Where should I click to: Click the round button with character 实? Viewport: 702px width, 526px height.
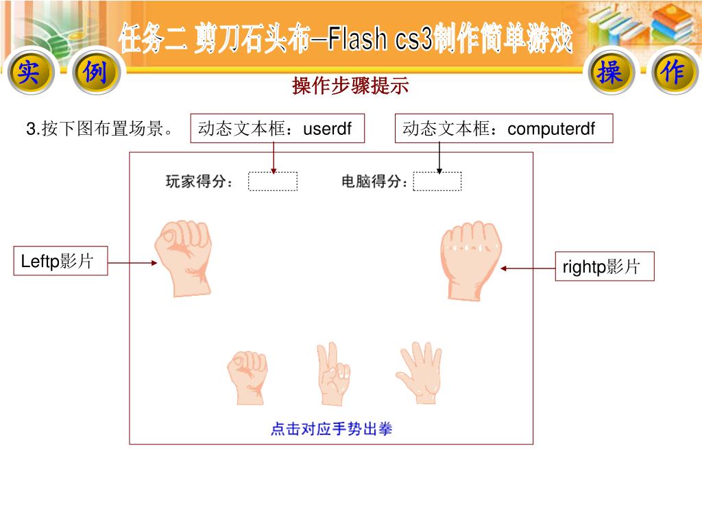pyautogui.click(x=28, y=73)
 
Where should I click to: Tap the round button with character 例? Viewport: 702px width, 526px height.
pyautogui.click(x=95, y=73)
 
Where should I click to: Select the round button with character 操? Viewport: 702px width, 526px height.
pyautogui.click(x=609, y=73)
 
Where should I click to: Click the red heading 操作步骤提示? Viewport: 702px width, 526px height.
pyautogui.click(x=350, y=86)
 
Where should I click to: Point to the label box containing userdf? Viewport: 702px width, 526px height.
pyautogui.click(x=277, y=128)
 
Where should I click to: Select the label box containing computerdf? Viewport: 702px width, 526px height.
pyautogui.click(x=503, y=128)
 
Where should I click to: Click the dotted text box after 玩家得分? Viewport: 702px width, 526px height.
pyautogui.click(x=273, y=181)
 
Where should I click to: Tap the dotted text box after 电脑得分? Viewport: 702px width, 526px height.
pyautogui.click(x=437, y=181)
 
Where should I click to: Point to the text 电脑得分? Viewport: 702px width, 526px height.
pyautogui.click(x=374, y=182)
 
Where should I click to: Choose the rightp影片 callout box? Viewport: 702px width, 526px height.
pyautogui.click(x=603, y=266)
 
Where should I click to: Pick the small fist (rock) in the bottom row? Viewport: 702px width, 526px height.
pyautogui.click(x=247, y=376)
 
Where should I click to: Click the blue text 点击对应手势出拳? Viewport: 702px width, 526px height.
pyautogui.click(x=331, y=429)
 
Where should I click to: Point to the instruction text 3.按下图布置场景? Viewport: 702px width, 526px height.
pyautogui.click(x=99, y=128)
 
